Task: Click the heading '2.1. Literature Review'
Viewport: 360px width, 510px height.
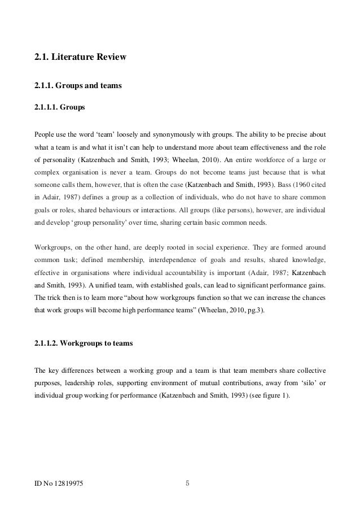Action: [x=81, y=57]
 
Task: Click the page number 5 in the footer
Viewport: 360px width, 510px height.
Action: [x=188, y=483]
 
